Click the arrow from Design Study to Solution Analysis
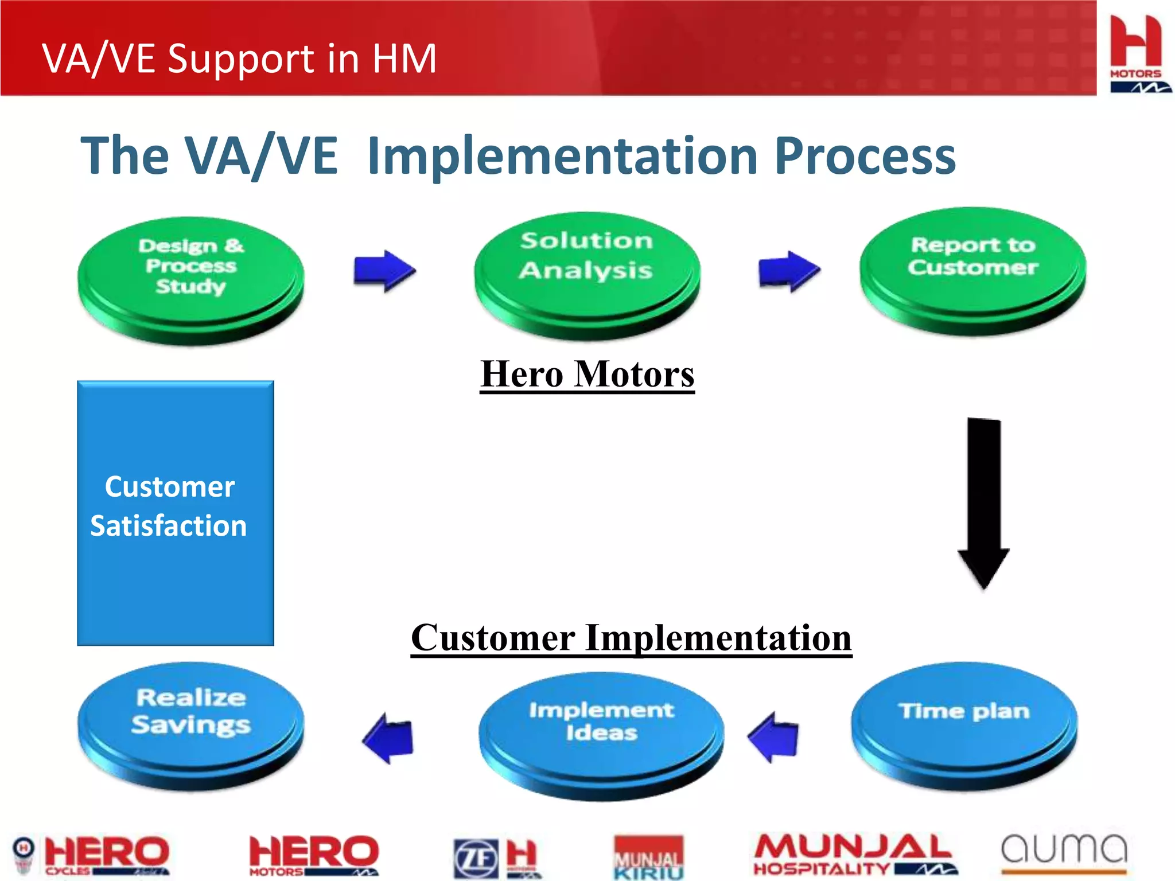(x=384, y=271)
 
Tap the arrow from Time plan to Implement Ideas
(x=774, y=737)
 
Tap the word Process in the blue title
(x=865, y=156)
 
